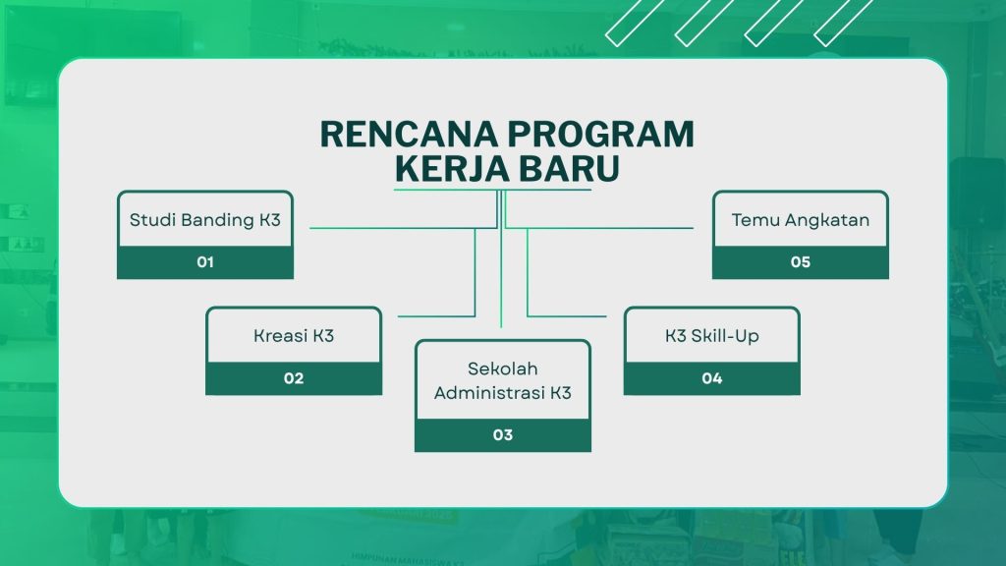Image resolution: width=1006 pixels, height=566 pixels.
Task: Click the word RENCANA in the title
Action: click(x=409, y=134)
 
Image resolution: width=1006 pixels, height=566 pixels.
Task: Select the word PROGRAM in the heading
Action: click(x=601, y=134)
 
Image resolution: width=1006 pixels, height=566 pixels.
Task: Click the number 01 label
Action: click(x=205, y=261)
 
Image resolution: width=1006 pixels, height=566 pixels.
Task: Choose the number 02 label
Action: click(x=294, y=378)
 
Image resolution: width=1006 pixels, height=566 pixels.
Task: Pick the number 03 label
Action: click(x=503, y=434)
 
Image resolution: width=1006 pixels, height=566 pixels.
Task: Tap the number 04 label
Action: click(x=712, y=378)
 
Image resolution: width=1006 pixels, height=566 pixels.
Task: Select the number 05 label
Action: click(x=801, y=261)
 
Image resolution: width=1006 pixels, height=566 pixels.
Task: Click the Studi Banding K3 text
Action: click(x=205, y=220)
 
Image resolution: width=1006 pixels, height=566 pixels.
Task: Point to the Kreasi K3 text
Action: click(x=294, y=336)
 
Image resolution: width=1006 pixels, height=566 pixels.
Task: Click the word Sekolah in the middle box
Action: click(x=503, y=368)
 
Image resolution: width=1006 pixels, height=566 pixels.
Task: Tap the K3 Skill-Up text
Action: click(x=712, y=336)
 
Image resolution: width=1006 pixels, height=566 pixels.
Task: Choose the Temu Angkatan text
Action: click(x=801, y=220)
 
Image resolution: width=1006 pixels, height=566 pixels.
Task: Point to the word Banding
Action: click(x=218, y=221)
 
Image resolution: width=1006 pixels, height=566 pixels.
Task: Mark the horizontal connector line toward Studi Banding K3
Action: click(x=404, y=228)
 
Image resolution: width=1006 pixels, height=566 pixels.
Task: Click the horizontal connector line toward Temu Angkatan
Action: click(x=599, y=228)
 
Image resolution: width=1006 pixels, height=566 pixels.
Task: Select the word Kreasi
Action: click(x=280, y=336)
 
